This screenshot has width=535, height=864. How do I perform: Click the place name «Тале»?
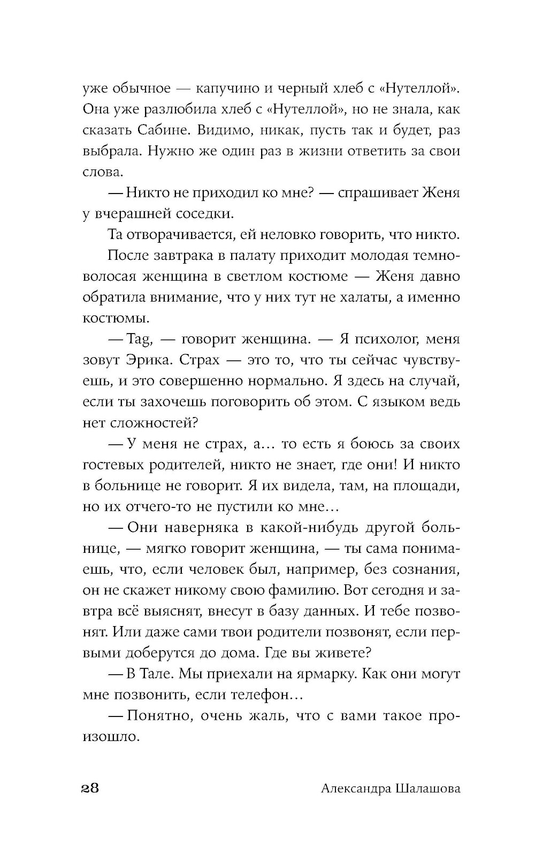[x=156, y=674]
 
